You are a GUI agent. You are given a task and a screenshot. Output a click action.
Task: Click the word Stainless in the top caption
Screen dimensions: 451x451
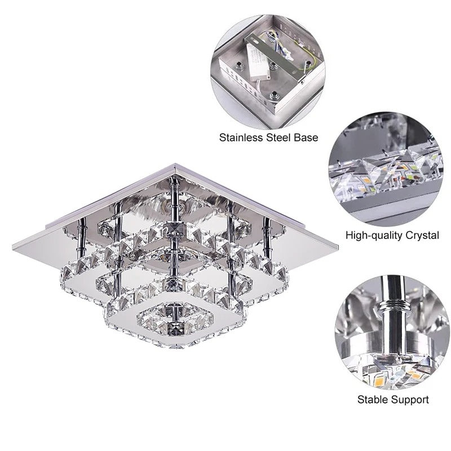(x=239, y=137)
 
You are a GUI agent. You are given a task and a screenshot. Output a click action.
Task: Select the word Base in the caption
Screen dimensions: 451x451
(x=307, y=137)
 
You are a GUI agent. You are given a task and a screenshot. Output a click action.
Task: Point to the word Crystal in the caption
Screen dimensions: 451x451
(x=422, y=235)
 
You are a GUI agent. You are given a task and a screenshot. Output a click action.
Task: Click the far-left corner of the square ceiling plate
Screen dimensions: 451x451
(x=12, y=244)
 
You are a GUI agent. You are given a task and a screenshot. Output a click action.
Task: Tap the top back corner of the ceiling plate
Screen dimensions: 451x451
(x=175, y=165)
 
